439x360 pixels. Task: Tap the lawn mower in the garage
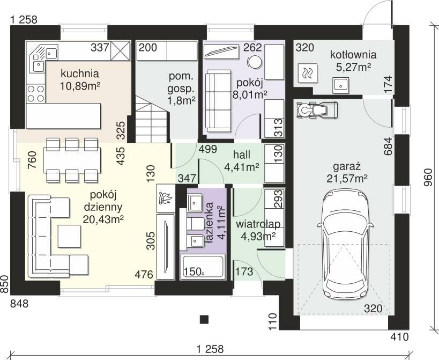click(317, 110)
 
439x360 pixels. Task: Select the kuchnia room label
click(80, 74)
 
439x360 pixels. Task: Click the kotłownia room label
click(353, 54)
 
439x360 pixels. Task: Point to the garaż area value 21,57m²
click(347, 178)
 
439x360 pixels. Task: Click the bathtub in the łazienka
click(203, 267)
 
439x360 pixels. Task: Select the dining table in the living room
click(72, 160)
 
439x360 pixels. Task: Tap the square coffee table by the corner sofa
click(69, 236)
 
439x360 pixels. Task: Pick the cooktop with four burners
click(36, 93)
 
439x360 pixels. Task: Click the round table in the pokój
click(255, 61)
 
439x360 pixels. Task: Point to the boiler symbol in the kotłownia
click(308, 73)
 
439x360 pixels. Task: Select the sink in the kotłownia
click(341, 85)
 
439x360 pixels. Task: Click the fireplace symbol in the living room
click(166, 199)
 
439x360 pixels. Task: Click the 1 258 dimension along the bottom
click(210, 349)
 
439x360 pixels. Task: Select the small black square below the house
click(204, 320)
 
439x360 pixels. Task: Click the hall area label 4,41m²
click(242, 167)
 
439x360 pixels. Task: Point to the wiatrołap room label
click(258, 224)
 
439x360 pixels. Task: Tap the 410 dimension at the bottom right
click(400, 337)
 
